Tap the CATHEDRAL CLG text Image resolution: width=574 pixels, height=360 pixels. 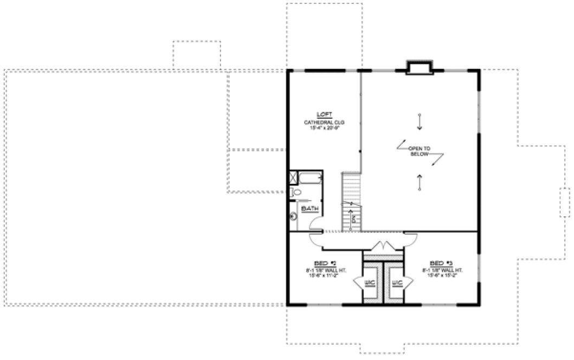pos(324,123)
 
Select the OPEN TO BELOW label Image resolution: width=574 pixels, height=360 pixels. pos(420,151)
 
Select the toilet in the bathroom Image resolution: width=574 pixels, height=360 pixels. pos(296,192)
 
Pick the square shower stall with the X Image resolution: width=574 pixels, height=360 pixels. pos(293,177)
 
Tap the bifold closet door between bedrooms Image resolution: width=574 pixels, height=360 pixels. pos(384,246)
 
